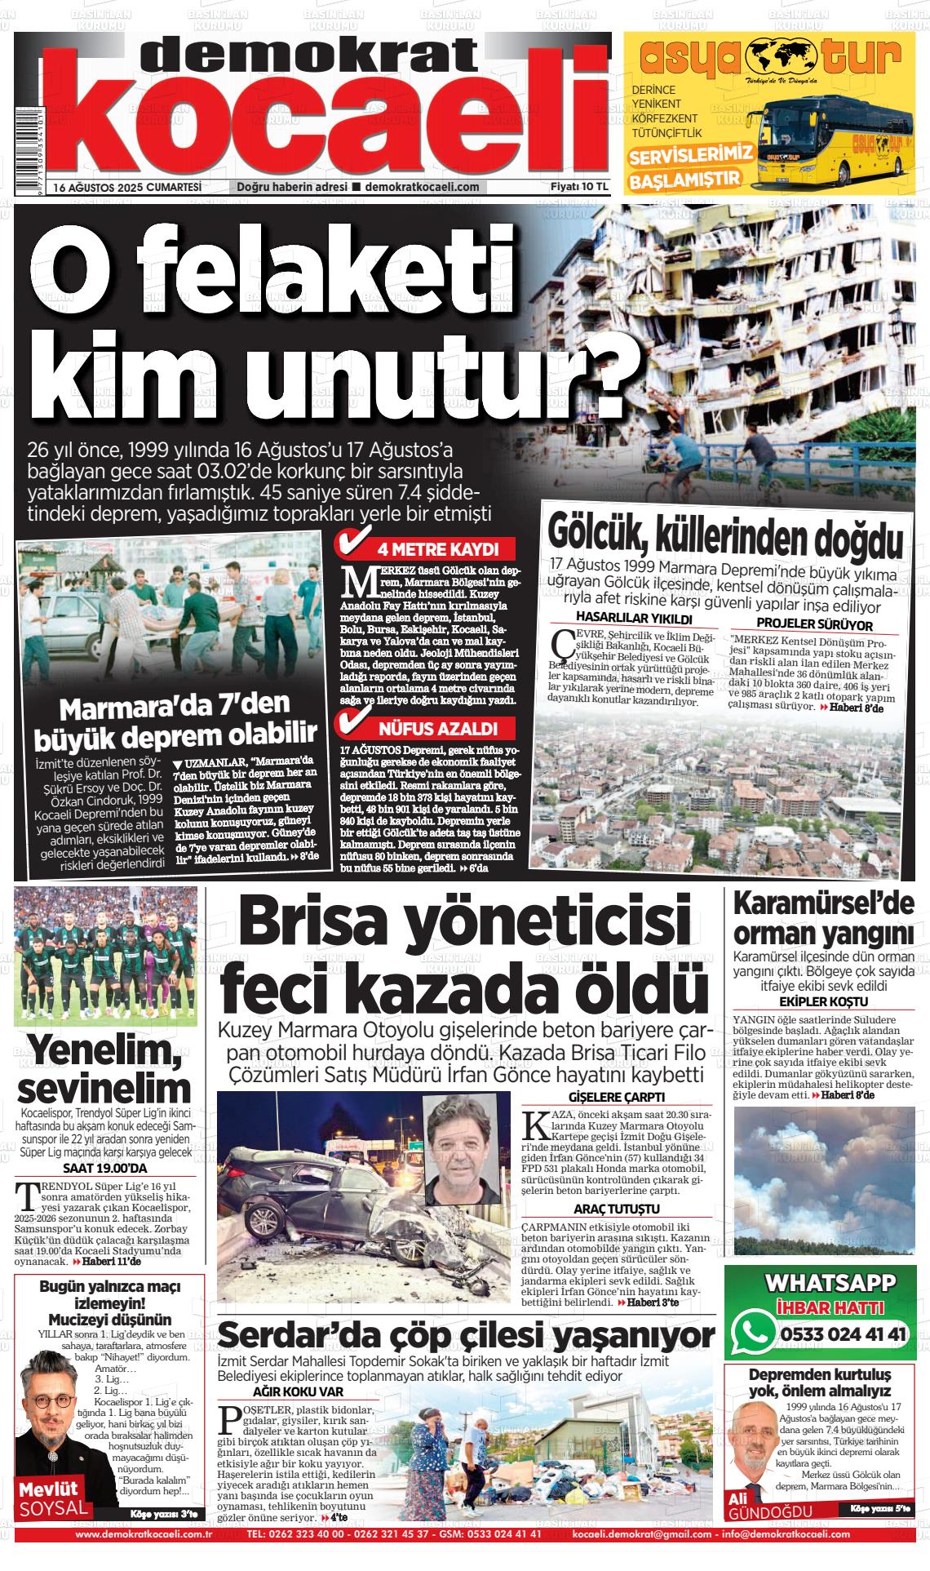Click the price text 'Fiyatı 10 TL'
[580, 186]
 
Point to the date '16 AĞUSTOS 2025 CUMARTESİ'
[127, 187]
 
